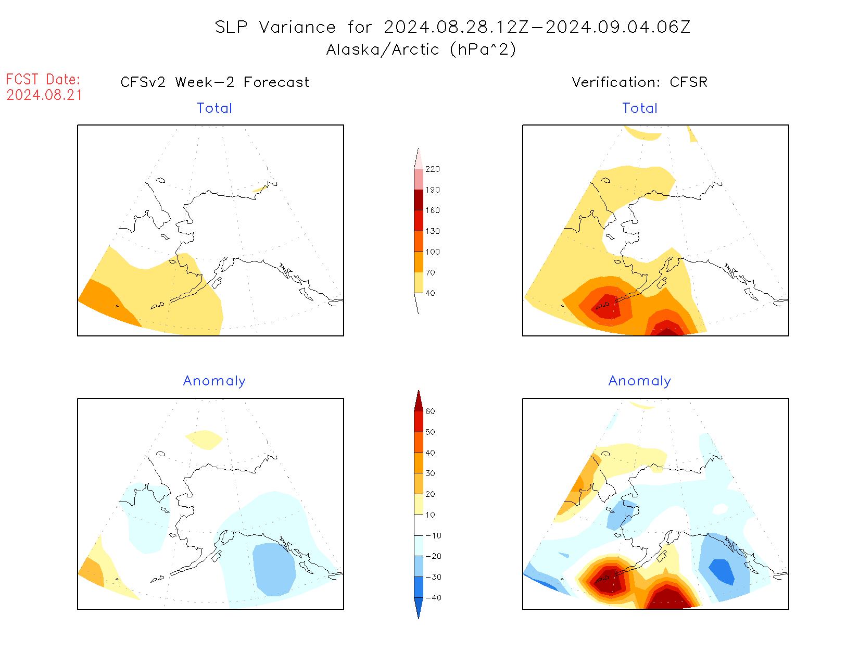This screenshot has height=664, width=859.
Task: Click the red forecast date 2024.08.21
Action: [x=44, y=95]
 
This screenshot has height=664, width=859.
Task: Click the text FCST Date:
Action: [x=43, y=79]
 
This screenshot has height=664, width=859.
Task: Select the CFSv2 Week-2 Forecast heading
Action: [x=214, y=82]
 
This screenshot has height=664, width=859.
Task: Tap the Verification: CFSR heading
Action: [x=639, y=82]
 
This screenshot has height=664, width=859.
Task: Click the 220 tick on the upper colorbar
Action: [x=432, y=169]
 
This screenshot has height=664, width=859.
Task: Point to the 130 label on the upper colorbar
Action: [x=432, y=231]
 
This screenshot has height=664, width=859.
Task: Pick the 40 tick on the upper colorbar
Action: [x=430, y=293]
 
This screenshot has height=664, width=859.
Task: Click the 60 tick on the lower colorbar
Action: [x=430, y=411]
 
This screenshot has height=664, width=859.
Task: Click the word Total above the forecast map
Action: [x=214, y=108]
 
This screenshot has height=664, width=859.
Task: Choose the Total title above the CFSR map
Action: [x=640, y=108]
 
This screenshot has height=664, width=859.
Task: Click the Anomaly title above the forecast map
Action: [x=214, y=381]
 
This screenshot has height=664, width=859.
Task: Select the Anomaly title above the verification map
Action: [x=640, y=381]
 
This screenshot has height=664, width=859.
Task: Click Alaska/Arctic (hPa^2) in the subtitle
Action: [x=421, y=49]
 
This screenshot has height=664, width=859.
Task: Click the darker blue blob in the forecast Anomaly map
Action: [x=274, y=569]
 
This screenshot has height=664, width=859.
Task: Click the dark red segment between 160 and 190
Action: [x=419, y=200]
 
